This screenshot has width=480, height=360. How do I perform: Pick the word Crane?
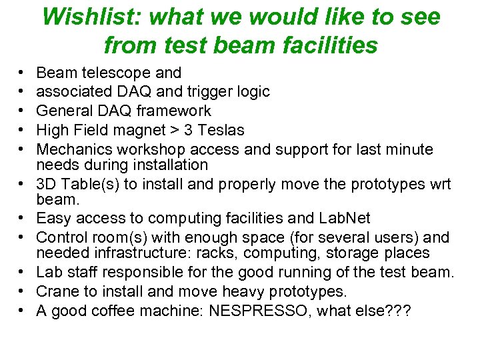click(57, 292)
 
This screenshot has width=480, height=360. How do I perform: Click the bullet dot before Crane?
click(23, 292)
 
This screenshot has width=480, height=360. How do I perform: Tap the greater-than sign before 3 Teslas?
click(177, 131)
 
